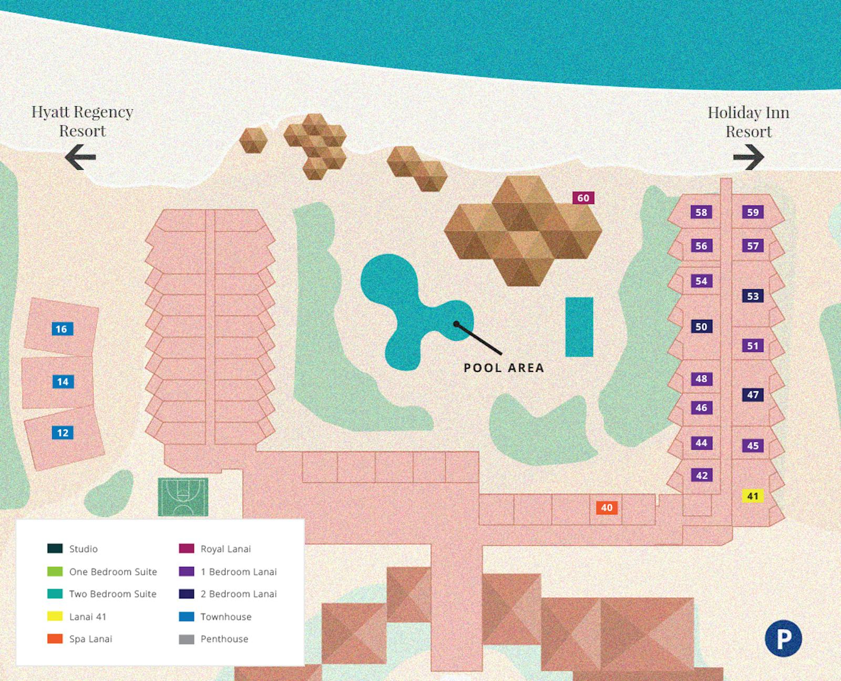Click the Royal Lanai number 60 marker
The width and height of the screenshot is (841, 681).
coord(583,198)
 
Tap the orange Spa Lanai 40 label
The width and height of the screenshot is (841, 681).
coord(607,507)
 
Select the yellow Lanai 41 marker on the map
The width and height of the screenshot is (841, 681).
coord(753,496)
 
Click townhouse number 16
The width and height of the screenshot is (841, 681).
coord(61,329)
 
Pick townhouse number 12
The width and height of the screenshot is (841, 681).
coord(63,433)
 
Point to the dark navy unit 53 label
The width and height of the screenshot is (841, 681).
coord(753,296)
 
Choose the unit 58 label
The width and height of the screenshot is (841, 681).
coord(701,212)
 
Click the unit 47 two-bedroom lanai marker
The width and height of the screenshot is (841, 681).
coord(753,394)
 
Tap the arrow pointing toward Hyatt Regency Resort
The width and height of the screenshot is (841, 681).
coord(80,157)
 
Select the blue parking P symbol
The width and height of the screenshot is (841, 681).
coord(783,638)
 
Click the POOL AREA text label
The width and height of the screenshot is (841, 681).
coord(504,368)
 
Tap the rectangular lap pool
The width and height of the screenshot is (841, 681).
coord(579,327)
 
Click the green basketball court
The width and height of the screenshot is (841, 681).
coord(183,496)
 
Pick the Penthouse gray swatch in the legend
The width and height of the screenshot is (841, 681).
coord(187,639)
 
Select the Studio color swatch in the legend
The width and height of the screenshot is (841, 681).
coord(55,548)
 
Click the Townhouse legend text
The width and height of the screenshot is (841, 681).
coord(226,617)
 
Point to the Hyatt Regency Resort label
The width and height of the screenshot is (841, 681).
coord(83,121)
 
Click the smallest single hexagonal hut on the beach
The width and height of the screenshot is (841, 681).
coord(253,140)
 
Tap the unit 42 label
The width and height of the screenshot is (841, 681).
coord(701,475)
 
